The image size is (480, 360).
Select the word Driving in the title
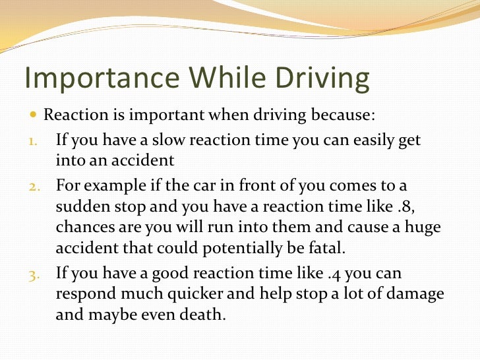(321, 79)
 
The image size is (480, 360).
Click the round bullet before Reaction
(34, 116)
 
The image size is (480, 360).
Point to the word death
(200, 315)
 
